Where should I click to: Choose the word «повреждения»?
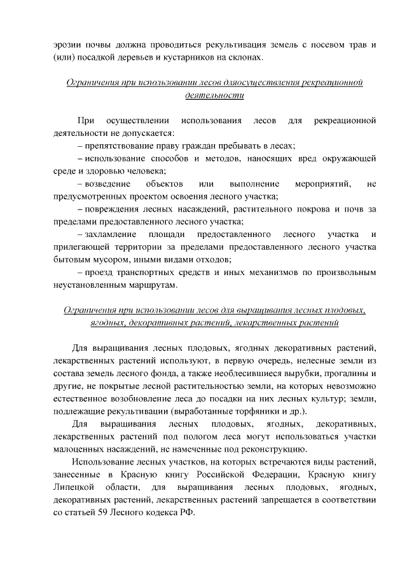[109, 208]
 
